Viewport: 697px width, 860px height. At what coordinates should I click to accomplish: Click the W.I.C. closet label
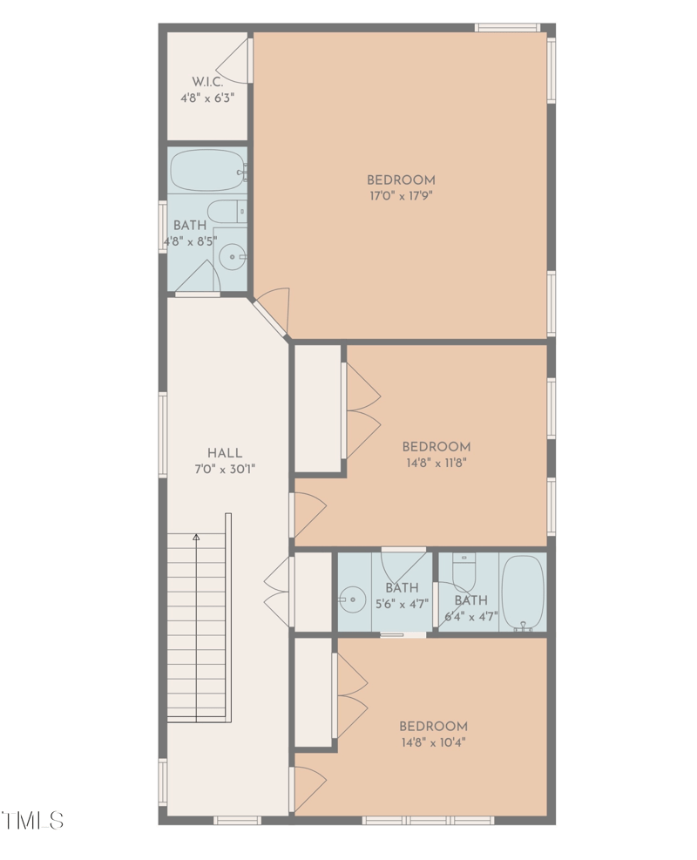(x=207, y=81)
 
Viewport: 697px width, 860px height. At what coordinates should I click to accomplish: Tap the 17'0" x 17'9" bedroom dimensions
(x=401, y=196)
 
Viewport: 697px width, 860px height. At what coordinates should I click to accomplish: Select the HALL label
(x=225, y=453)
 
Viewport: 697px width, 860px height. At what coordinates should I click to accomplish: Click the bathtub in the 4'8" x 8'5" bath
(x=206, y=170)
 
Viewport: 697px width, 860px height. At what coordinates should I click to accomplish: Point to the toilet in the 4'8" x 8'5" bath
(x=226, y=211)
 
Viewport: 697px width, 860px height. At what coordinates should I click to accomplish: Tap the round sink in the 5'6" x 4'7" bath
(x=353, y=599)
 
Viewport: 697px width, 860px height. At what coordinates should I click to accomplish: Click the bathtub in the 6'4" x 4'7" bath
(x=523, y=593)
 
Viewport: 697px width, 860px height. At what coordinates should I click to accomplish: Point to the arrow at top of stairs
(x=197, y=538)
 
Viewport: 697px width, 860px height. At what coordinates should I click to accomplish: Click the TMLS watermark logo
(x=32, y=820)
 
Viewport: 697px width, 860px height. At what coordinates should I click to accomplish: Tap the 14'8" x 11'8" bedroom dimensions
(x=436, y=464)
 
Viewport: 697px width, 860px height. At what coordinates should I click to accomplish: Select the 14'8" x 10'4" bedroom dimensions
(x=433, y=743)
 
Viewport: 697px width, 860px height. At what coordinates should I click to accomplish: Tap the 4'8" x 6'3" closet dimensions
(x=207, y=98)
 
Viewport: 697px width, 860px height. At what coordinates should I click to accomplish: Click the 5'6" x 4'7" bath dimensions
(x=402, y=604)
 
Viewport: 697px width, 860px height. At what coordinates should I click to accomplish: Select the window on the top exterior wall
(x=508, y=28)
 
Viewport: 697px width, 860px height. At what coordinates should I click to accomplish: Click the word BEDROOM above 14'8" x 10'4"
(x=433, y=726)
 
